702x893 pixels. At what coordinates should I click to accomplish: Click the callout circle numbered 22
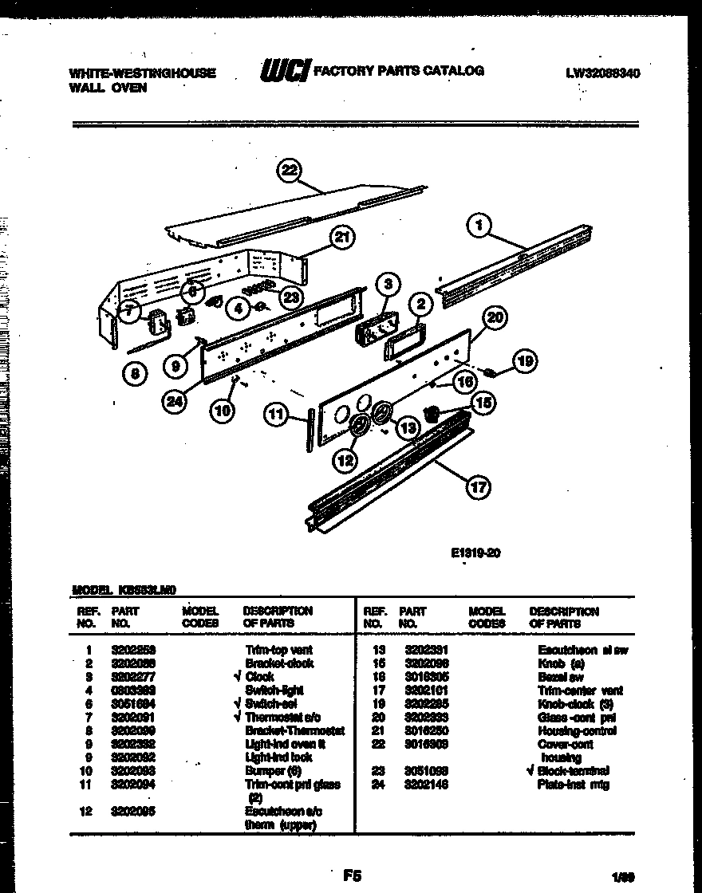[290, 170]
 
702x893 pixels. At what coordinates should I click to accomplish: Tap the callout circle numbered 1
[479, 226]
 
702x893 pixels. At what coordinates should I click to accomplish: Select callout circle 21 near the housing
[342, 237]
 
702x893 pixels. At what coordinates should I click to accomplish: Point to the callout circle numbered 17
[477, 487]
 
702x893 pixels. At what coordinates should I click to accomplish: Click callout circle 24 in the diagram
[174, 403]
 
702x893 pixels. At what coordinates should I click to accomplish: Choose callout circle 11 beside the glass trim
[276, 415]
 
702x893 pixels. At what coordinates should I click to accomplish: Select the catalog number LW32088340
[603, 73]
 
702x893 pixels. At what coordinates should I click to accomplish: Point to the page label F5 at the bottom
[351, 875]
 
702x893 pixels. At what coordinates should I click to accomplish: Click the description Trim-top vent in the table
[279, 650]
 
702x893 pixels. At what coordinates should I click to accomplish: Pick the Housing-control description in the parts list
[566, 731]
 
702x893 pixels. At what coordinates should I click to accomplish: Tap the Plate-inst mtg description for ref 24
[573, 785]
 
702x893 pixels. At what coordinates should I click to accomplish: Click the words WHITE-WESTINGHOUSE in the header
[143, 73]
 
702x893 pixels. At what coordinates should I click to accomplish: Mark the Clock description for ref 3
[260, 676]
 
